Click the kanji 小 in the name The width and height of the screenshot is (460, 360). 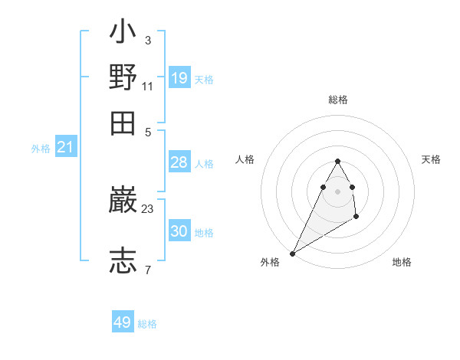click(x=123, y=33)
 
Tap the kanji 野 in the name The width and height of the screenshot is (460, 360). click(x=123, y=77)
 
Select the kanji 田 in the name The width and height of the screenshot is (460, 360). click(x=123, y=123)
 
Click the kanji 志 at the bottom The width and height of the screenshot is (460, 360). click(x=123, y=260)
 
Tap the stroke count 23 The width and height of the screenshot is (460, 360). click(x=148, y=208)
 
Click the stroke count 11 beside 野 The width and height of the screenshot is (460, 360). click(x=148, y=87)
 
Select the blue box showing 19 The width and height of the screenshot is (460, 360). click(x=179, y=77)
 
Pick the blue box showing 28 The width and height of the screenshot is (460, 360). click(x=179, y=162)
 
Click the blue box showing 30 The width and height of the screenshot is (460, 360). click(x=179, y=231)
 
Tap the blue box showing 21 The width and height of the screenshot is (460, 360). click(x=65, y=147)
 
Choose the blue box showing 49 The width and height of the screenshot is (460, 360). click(x=123, y=322)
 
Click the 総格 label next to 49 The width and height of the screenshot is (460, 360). click(x=147, y=324)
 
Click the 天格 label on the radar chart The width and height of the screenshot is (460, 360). click(x=431, y=159)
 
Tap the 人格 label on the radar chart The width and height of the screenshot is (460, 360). click(x=245, y=159)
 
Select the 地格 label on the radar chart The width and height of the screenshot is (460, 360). click(x=402, y=262)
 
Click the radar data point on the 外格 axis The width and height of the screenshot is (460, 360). click(x=292, y=254)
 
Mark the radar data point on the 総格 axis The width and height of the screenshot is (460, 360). click(x=337, y=161)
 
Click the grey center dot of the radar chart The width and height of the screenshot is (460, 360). click(x=337, y=191)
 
